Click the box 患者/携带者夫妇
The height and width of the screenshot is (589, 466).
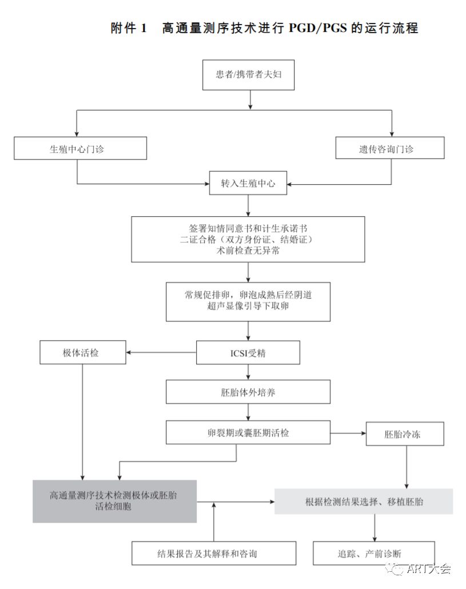point(249,75)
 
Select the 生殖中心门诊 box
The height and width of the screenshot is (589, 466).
point(80,149)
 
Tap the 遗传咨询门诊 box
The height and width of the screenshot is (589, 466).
point(390,149)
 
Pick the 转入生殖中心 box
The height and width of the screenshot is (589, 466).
point(248,184)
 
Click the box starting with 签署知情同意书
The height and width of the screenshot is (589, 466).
point(248,239)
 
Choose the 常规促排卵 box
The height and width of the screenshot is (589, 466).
point(248,301)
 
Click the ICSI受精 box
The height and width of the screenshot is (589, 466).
point(248,353)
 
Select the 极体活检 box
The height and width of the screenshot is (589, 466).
point(82,352)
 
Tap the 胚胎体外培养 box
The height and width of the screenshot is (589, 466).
point(248,392)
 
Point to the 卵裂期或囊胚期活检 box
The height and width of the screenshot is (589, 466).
point(248,433)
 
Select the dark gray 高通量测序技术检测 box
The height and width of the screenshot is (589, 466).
point(114,501)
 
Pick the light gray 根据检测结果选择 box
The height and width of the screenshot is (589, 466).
point(364,501)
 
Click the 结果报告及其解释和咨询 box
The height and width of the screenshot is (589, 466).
point(214,553)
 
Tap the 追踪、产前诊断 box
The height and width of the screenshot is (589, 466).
point(374,553)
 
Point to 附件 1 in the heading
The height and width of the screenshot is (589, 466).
point(129,28)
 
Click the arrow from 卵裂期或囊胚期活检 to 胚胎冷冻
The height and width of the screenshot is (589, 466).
point(348,433)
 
